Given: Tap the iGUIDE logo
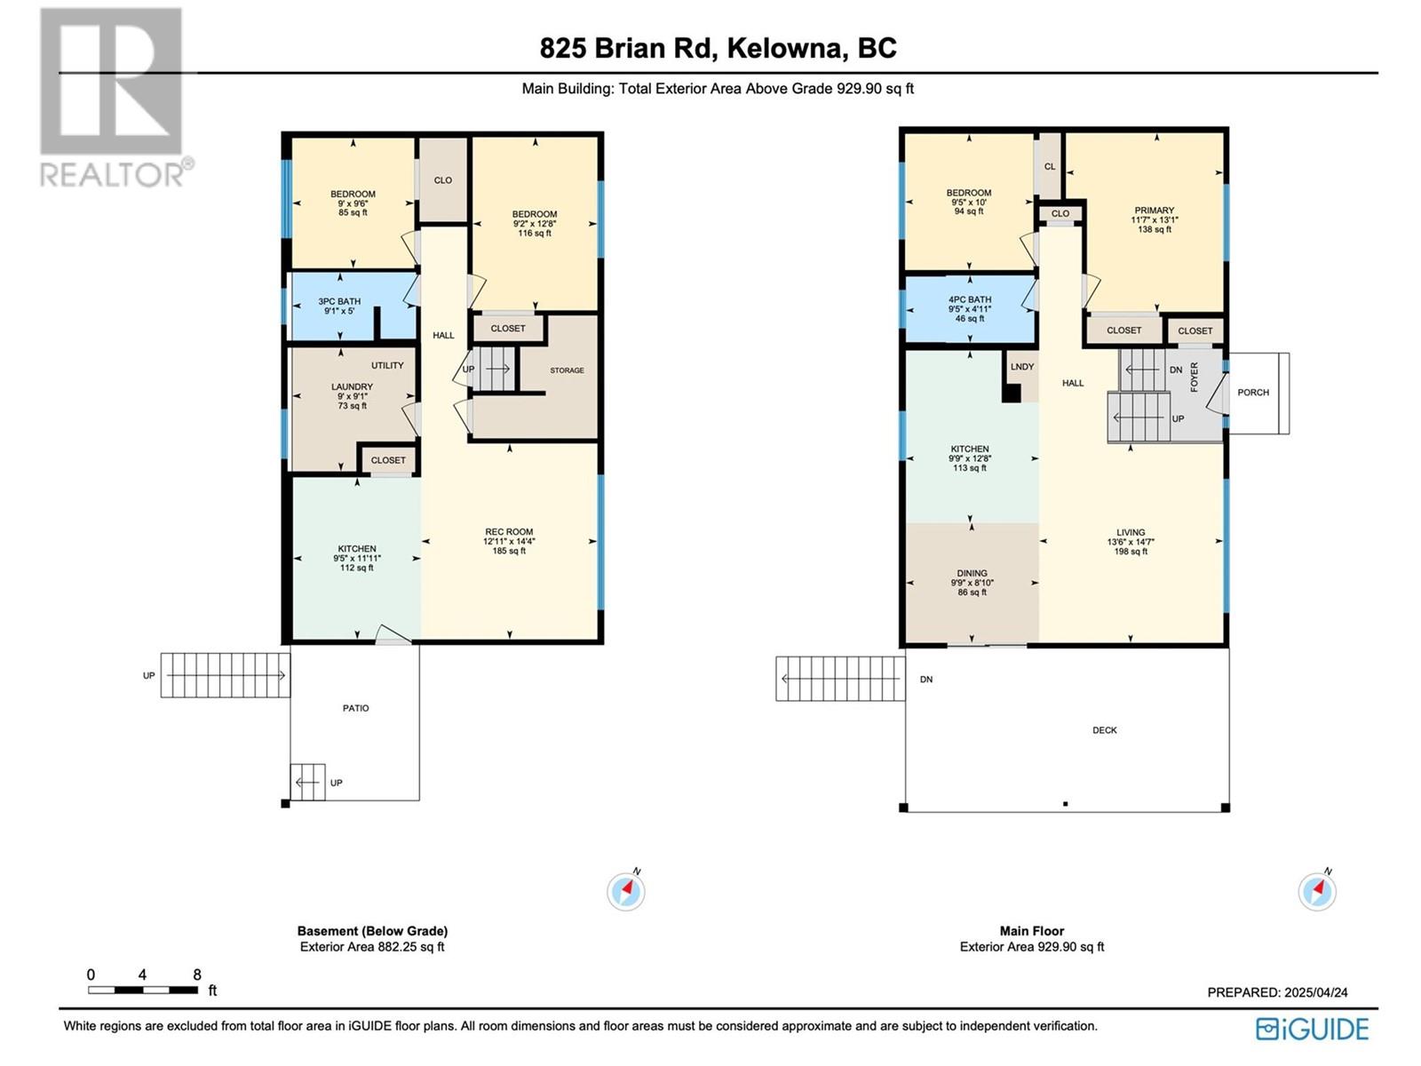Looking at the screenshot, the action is [1313, 1029].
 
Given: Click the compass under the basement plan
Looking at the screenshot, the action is [626, 891].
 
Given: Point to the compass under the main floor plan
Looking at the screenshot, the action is [1317, 891].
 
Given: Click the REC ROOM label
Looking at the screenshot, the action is [509, 532].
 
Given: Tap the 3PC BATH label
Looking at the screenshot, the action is [339, 302].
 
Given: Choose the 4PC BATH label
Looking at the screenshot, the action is [969, 299].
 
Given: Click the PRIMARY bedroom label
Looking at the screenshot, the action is [1154, 211].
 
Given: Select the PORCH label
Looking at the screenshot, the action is [1252, 393].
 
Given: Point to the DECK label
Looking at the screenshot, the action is [1105, 730].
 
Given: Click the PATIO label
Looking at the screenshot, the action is [355, 708].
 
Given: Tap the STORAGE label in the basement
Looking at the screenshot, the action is [567, 370].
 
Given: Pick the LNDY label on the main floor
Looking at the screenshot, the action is [1021, 366].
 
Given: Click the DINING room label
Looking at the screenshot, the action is [972, 574].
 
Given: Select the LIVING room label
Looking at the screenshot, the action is [1131, 533].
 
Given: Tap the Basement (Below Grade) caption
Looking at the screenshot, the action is [372, 931].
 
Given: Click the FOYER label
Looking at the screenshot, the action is [1195, 377].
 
